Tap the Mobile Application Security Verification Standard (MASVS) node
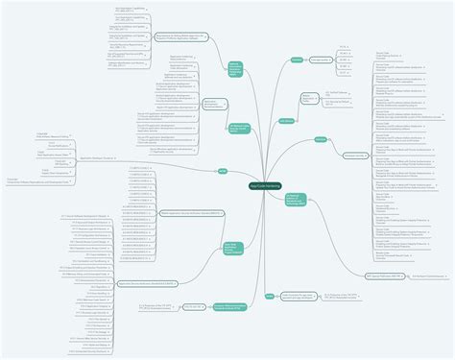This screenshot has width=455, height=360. click(191, 212)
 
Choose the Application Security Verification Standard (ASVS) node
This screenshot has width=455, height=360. click(146, 283)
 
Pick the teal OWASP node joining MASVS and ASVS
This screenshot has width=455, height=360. click(232, 245)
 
